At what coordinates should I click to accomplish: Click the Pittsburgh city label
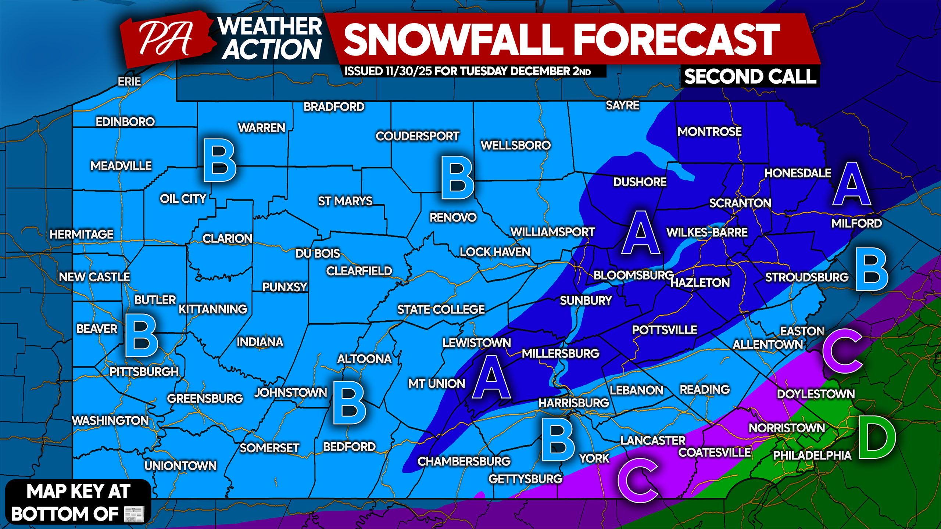[x=144, y=372]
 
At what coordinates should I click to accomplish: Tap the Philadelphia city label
[x=812, y=456]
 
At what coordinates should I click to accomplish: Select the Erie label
[x=129, y=81]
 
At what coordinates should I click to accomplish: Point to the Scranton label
[x=740, y=203]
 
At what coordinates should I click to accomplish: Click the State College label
[x=441, y=309]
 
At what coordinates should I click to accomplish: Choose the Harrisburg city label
[x=574, y=403]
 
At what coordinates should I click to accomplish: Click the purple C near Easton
[x=842, y=351]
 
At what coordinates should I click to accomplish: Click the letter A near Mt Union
[x=491, y=377]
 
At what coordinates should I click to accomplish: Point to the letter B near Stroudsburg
[x=872, y=269]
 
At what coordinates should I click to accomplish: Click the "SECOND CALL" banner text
[x=750, y=77]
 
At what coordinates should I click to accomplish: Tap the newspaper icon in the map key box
[x=134, y=514]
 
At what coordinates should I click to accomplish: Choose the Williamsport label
[x=552, y=232]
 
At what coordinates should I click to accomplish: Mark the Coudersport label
[x=417, y=136]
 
